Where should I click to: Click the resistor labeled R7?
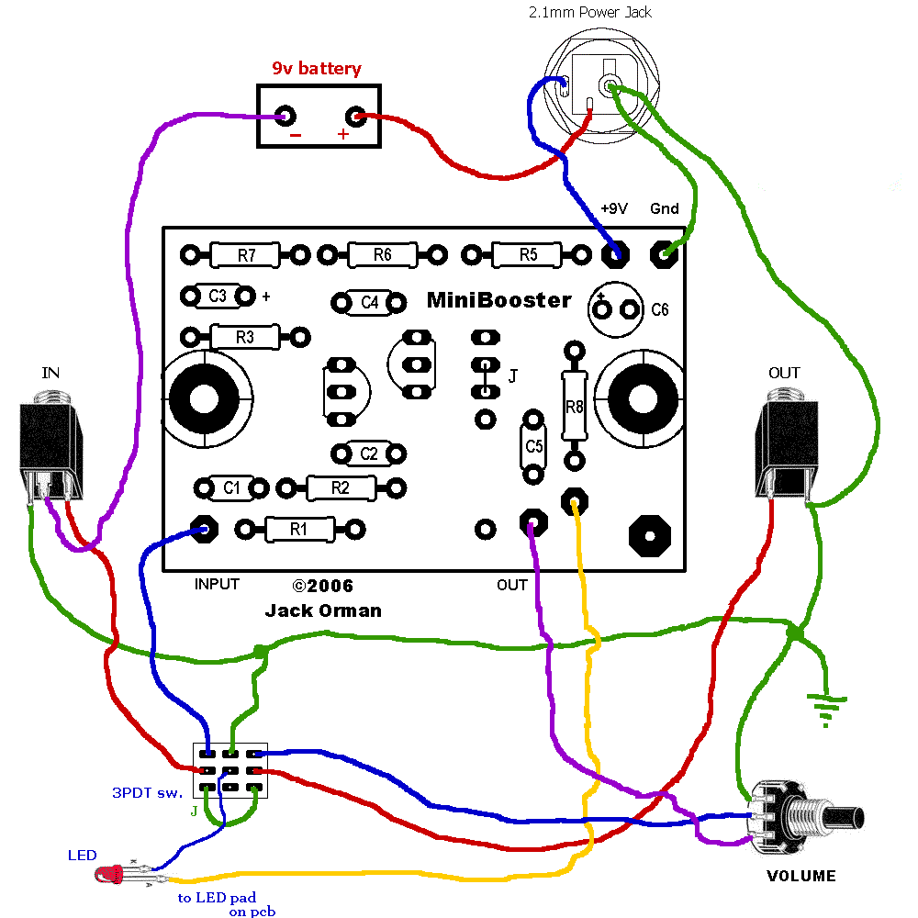[x=245, y=254]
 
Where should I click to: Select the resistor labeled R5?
[x=527, y=254]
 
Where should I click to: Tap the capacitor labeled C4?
[x=369, y=302]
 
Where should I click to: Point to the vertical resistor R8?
[x=574, y=405]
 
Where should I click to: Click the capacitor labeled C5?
[x=532, y=446]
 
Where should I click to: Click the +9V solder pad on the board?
[x=614, y=253]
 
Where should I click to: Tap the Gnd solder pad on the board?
[x=663, y=253]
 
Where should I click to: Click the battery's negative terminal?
[x=285, y=117]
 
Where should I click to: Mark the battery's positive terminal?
[x=356, y=117]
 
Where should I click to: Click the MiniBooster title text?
[x=498, y=301]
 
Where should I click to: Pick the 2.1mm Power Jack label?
[x=589, y=13]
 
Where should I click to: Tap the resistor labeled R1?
[x=298, y=529]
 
